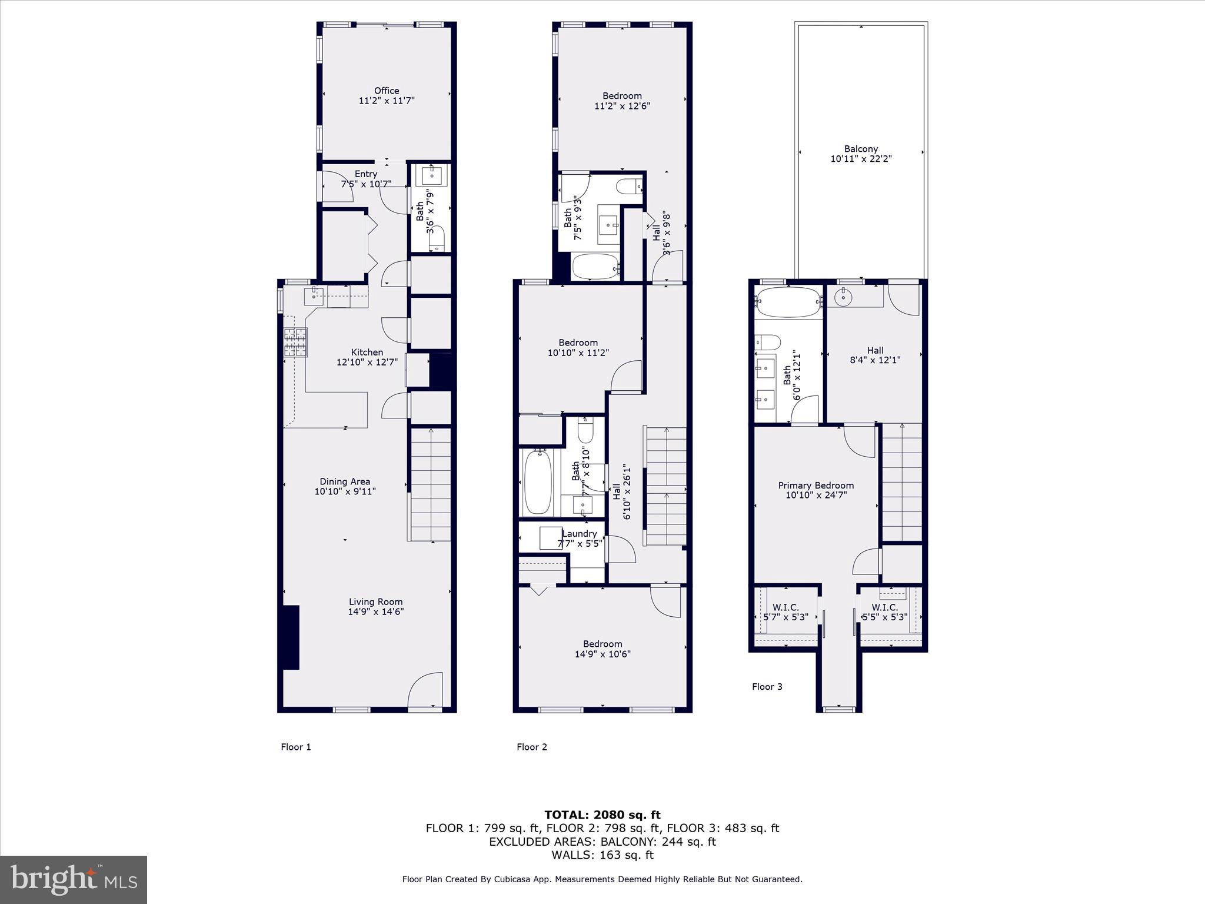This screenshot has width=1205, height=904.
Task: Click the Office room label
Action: [387, 91]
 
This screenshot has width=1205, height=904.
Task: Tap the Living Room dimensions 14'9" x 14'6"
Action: [375, 611]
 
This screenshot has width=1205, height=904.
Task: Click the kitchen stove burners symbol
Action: [295, 343]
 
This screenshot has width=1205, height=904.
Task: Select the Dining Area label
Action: [345, 481]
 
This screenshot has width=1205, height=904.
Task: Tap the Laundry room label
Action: [580, 534]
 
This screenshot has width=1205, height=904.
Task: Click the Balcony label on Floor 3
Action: [861, 149]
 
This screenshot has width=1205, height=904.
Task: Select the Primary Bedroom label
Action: [815, 486]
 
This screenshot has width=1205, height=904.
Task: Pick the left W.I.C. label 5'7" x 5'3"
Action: [785, 612]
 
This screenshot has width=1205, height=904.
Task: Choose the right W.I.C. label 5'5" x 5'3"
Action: [884, 612]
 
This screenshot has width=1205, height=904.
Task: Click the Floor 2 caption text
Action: [532, 747]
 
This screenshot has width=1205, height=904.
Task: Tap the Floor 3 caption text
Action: [767, 686]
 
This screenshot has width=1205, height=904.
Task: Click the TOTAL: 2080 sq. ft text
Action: [602, 815]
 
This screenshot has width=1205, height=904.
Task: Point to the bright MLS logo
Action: [74, 879]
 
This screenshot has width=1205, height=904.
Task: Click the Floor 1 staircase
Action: [431, 484]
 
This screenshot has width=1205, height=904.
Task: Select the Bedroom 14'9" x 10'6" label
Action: [602, 649]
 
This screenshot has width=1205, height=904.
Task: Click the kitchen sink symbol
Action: [314, 296]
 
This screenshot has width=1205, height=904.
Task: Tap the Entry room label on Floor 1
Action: [365, 174]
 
